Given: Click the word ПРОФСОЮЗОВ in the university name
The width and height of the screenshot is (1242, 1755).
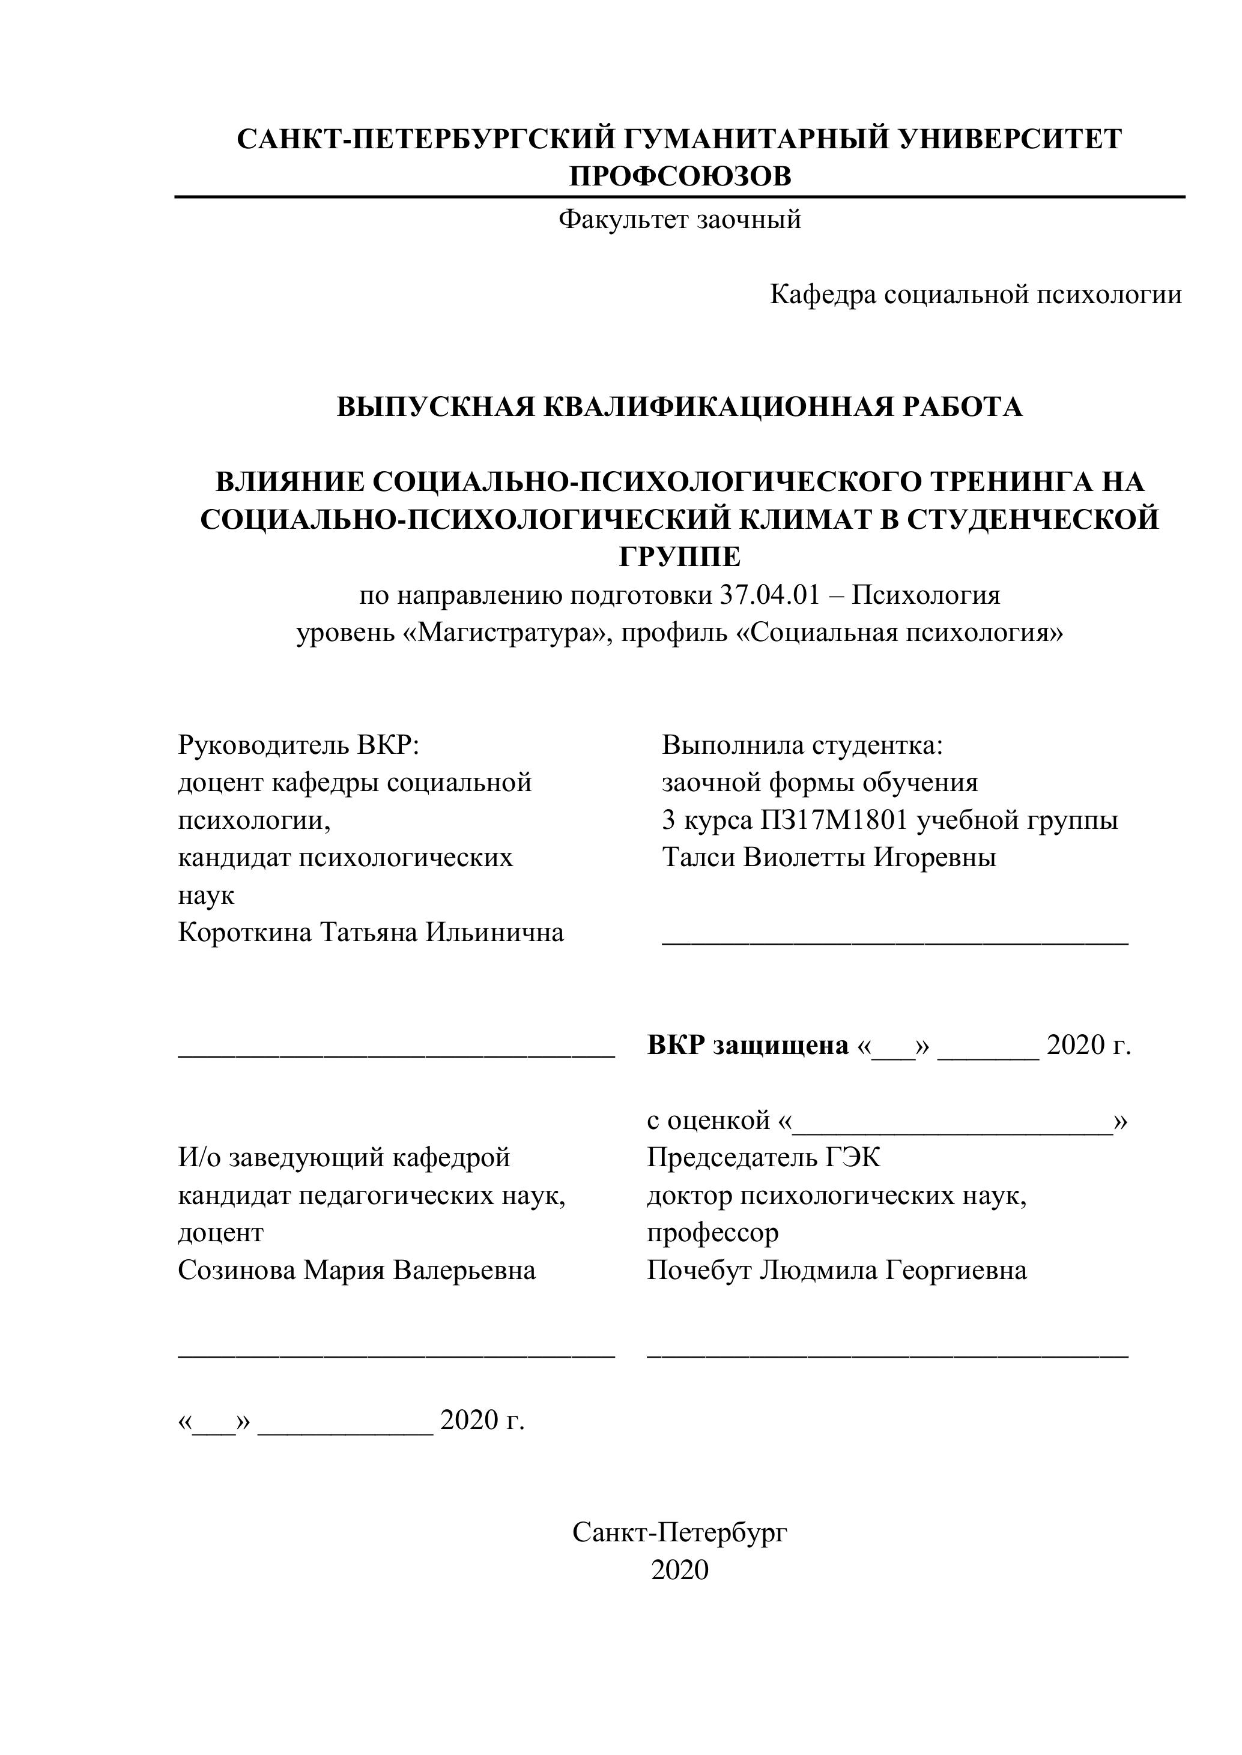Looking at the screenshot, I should pyautogui.click(x=680, y=176).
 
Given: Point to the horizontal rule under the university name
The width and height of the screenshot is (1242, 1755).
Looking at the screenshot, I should pyautogui.click(x=680, y=197).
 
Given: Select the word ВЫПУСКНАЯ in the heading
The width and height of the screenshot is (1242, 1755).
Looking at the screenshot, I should pyautogui.click(x=436, y=407).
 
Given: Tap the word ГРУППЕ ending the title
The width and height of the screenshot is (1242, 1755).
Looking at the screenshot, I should pyautogui.click(x=680, y=557).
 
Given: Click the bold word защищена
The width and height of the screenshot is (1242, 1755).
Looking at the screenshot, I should pyautogui.click(x=780, y=1045).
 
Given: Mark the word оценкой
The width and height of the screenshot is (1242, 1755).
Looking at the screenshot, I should pyautogui.click(x=718, y=1121).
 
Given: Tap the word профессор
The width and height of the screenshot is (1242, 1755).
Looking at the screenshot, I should pyautogui.click(x=713, y=1233).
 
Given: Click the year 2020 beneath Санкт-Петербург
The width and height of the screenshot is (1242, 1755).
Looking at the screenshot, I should pyautogui.click(x=680, y=1570).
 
